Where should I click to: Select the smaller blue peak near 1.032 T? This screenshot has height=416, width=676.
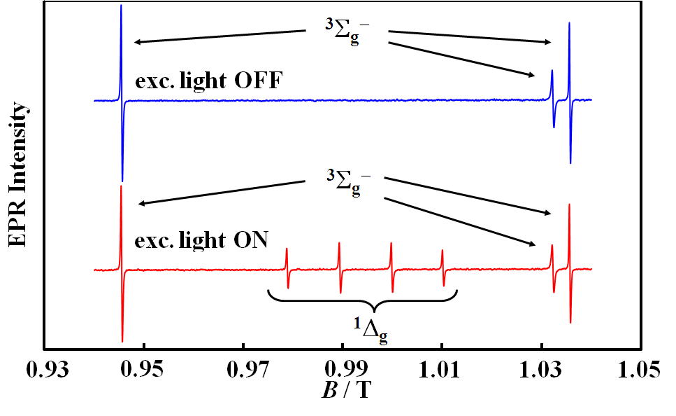tap(552, 77)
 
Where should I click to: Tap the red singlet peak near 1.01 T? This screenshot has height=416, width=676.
tap(442, 258)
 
